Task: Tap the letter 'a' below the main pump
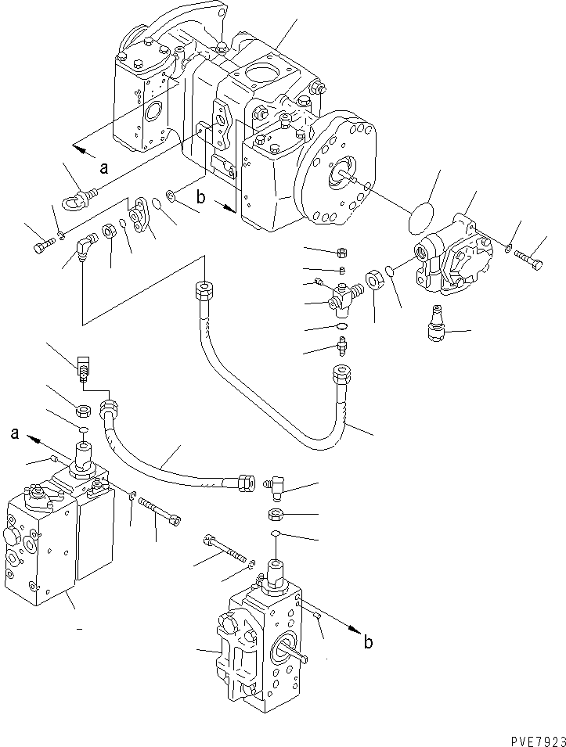tap(103, 166)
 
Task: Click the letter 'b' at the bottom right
tap(368, 643)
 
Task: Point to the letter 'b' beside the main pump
tap(201, 199)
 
